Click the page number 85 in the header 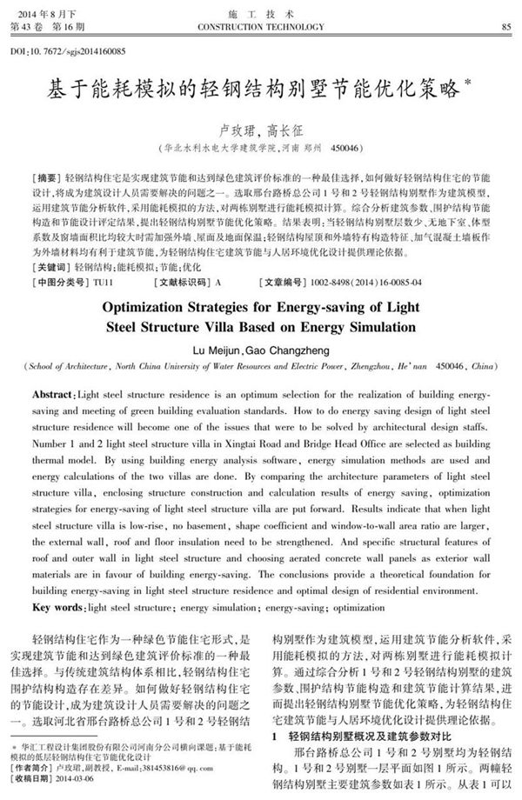tap(505, 27)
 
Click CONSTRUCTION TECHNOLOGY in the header tap(260, 27)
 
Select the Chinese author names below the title tap(260, 128)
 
